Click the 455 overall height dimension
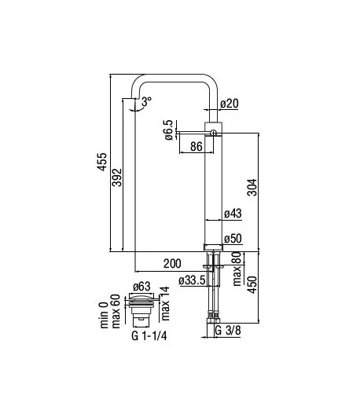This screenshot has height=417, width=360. pyautogui.click(x=101, y=162)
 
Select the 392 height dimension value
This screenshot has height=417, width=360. pyautogui.click(x=116, y=177)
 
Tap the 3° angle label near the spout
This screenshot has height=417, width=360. pyautogui.click(x=146, y=101)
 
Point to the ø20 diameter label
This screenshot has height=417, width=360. pyautogui.click(x=230, y=104)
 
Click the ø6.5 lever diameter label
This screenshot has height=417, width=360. pyautogui.click(x=169, y=130)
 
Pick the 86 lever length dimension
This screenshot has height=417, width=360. pyautogui.click(x=197, y=146)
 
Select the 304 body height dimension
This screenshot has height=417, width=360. pyautogui.click(x=252, y=188)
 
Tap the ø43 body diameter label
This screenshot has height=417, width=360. pyautogui.click(x=233, y=214)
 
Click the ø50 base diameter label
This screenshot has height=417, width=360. pyautogui.click(x=233, y=239)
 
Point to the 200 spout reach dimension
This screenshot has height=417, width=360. pyautogui.click(x=172, y=264)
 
